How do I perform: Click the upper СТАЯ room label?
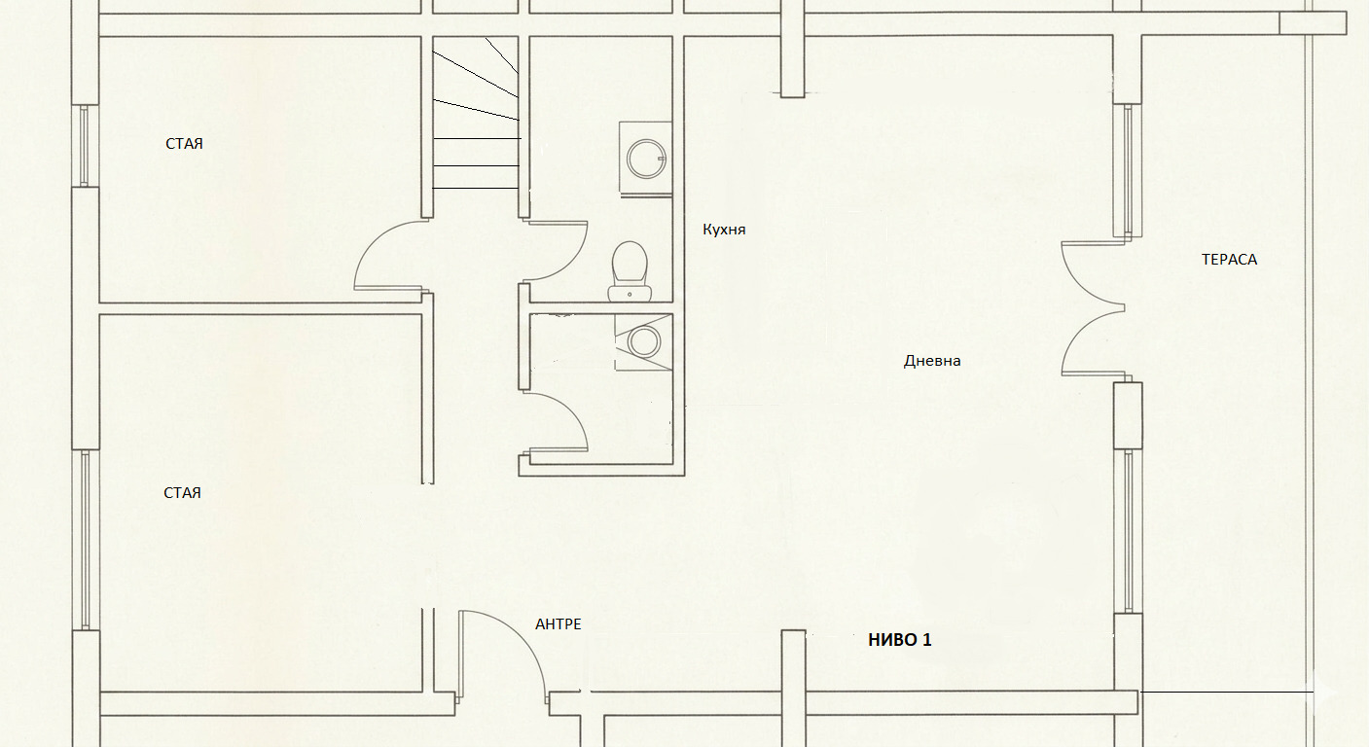184,144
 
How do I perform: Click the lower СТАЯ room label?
182,493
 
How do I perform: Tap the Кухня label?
724,230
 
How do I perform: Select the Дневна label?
932,361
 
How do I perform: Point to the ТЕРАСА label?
1229,260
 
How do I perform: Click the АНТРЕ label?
558,624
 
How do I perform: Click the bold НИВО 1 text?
900,640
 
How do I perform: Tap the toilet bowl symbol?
630,270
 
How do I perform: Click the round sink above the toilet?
646,159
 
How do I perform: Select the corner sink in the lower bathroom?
643,341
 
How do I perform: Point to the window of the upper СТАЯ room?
86,145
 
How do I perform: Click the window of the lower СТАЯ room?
86,540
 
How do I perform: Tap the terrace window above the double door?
1128,170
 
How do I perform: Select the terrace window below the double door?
1129,531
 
